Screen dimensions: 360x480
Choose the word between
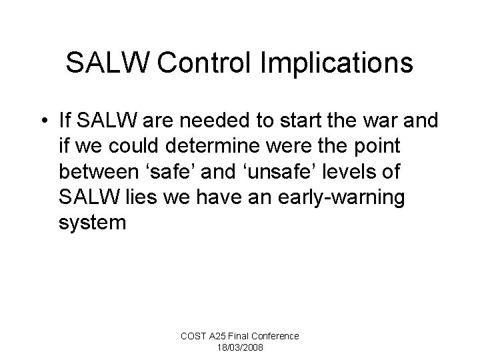[99, 171]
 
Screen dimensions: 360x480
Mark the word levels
[343, 171]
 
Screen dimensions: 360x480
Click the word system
[92, 221]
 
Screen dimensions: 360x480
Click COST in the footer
[196, 337]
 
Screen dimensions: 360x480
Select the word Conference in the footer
[275, 337]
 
